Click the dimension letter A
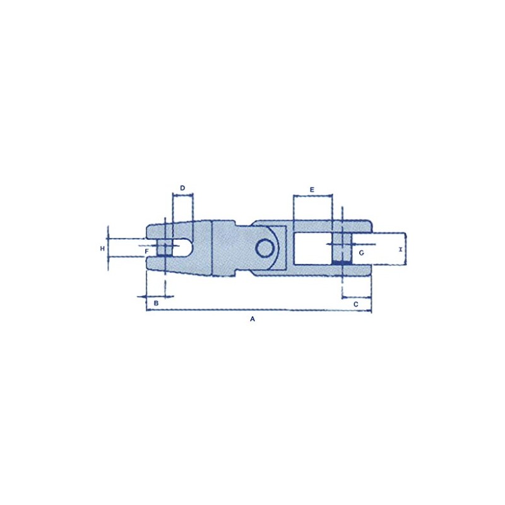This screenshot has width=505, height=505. pyautogui.click(x=252, y=320)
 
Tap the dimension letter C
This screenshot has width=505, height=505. pyautogui.click(x=355, y=304)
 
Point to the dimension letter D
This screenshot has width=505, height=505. pyautogui.click(x=182, y=188)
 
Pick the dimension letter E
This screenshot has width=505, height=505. pyautogui.click(x=312, y=189)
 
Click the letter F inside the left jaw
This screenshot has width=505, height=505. pyautogui.click(x=146, y=252)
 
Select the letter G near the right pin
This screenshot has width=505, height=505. pyautogui.click(x=361, y=252)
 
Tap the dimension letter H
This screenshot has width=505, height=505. pyautogui.click(x=102, y=249)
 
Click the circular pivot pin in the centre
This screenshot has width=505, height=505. pyautogui.click(x=265, y=247)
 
